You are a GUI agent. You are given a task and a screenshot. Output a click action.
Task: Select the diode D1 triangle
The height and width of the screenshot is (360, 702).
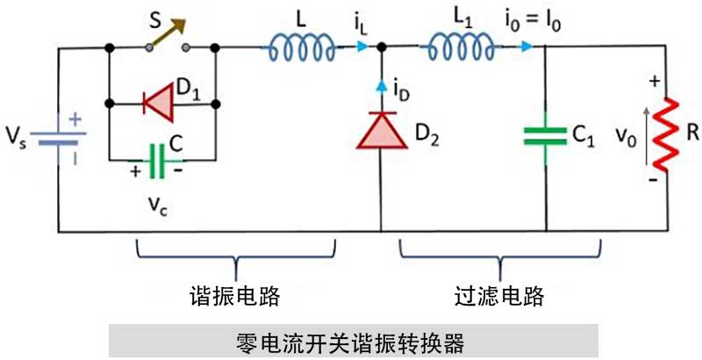pyautogui.click(x=160, y=104)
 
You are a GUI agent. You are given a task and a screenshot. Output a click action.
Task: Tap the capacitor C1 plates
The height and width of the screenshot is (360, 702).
pyautogui.click(x=545, y=135)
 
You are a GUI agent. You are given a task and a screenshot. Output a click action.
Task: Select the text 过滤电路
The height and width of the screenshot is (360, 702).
pyautogui.click(x=501, y=296)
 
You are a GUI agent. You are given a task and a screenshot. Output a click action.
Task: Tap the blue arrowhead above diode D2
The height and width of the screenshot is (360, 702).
pyautogui.click(x=381, y=85)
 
